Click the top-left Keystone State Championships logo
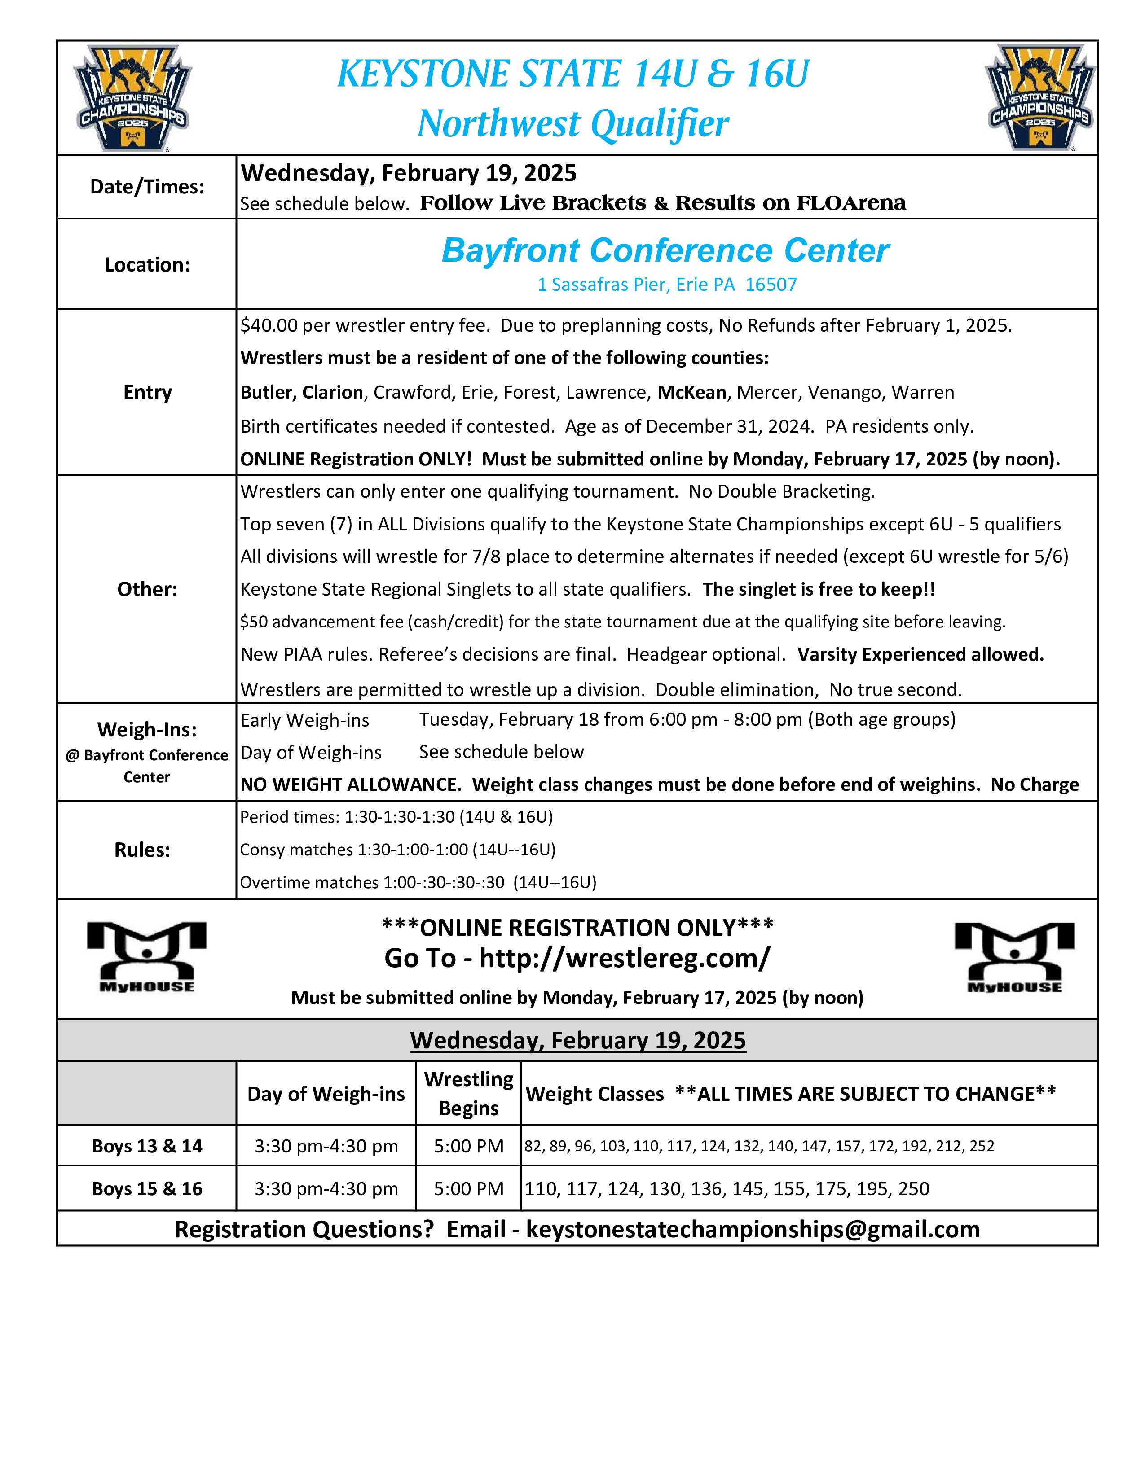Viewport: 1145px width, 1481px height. pyautogui.click(x=133, y=98)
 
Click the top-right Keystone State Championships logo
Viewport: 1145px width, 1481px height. pyautogui.click(x=1040, y=98)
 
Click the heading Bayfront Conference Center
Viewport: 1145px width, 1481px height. pyautogui.click(x=665, y=250)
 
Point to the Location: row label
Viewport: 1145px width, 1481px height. pyautogui.click(x=147, y=264)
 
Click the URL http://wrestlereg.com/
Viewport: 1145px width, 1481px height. pyautogui.click(x=624, y=958)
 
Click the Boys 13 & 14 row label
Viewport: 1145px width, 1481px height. pyautogui.click(x=147, y=1146)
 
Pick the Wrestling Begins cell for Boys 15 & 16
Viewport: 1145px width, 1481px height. pyautogui.click(x=469, y=1189)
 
